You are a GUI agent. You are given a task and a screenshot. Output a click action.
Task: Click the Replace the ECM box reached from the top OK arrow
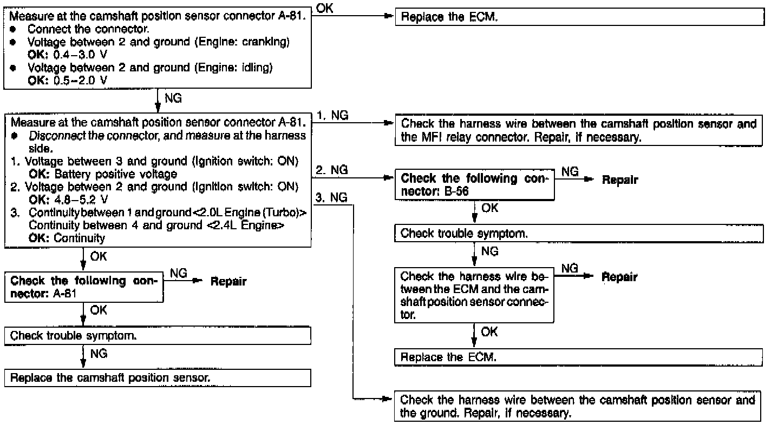[576, 17]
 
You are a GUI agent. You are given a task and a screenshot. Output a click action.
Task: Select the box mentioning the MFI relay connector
[576, 130]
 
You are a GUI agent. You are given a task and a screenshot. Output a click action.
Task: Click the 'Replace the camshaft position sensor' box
[158, 377]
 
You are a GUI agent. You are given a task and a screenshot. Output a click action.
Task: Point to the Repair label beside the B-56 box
[620, 180]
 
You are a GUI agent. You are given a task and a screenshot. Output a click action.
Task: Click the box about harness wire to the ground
[576, 407]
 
